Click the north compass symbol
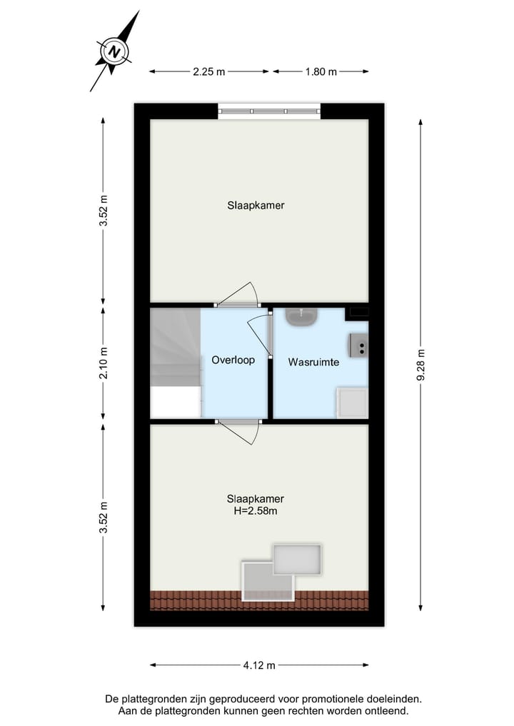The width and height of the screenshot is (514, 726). pos(114,51)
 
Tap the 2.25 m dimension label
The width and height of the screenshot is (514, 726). pos(209,71)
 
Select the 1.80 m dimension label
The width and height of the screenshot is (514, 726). pos(321,71)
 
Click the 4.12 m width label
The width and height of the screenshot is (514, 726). pos(259,665)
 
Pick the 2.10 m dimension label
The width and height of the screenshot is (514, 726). pos(104,363)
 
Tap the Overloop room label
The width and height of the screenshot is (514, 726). pos(233,361)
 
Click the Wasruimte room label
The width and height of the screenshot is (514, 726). pos(313,363)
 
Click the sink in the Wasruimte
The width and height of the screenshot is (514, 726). pos(302,316)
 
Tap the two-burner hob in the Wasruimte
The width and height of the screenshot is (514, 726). pos(358,346)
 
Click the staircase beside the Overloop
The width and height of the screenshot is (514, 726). pos(175,363)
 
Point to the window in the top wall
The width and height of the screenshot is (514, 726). pos(269,111)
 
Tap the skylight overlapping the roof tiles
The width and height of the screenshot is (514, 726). pos(268,580)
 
